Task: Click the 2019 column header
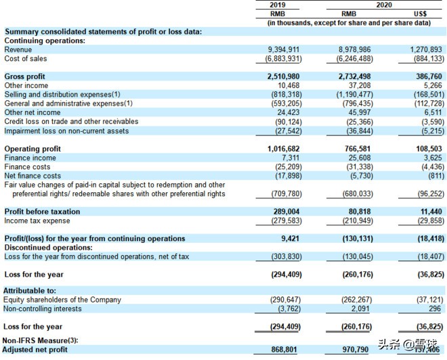point(277,5)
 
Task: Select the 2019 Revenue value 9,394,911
point(284,49)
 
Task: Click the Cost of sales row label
point(26,59)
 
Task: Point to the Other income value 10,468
point(289,86)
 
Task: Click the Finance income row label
point(30,158)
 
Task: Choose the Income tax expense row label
point(37,221)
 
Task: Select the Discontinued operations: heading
point(48,247)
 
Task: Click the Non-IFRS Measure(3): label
point(45,340)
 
